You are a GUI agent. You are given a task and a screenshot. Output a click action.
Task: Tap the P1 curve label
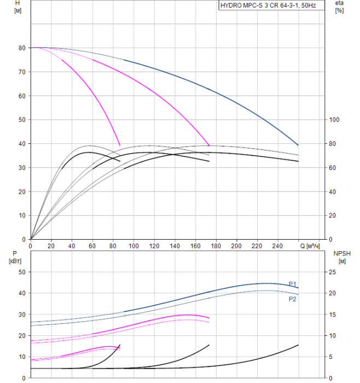(293, 283)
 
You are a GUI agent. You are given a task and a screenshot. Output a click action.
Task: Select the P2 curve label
(293, 299)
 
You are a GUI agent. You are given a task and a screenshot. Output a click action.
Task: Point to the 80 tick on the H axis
(22, 48)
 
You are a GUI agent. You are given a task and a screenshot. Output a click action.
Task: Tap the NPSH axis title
(340, 253)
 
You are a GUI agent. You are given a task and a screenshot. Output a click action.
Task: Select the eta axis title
(339, 4)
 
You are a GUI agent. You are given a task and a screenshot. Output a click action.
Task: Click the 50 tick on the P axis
(22, 272)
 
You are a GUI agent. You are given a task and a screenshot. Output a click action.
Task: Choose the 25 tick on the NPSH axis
(334, 272)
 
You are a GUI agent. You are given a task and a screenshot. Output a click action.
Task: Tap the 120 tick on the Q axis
(154, 246)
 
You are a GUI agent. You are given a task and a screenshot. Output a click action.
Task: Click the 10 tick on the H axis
(22, 216)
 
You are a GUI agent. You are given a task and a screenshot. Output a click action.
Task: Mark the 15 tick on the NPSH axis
(334, 315)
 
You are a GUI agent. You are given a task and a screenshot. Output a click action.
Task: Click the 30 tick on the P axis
(22, 315)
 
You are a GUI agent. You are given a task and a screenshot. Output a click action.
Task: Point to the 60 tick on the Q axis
(92, 246)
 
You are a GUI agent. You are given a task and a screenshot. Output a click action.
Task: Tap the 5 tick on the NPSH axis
(332, 357)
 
